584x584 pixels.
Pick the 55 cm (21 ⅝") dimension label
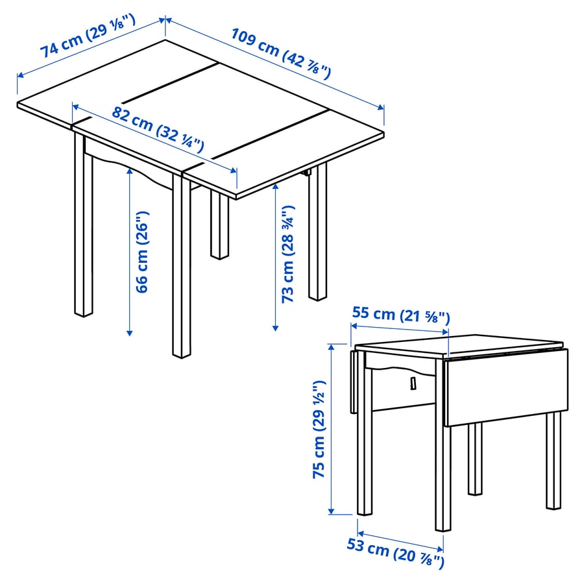point(400,315)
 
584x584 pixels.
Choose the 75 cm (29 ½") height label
point(319,429)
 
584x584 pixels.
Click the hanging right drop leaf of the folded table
point(506,387)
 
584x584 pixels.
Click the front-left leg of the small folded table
point(365,454)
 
